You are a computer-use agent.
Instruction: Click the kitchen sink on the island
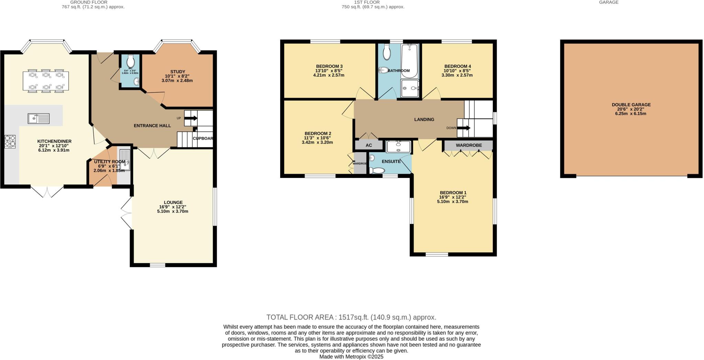[x=38, y=119]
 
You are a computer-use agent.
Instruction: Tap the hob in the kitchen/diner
[x=10, y=142]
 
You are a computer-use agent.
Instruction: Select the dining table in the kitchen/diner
[x=45, y=81]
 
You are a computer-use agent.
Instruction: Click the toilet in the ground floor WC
[x=131, y=62]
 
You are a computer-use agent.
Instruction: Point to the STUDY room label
[x=177, y=72]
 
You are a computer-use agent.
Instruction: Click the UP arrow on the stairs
[x=191, y=118]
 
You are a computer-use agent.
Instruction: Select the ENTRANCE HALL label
[x=152, y=126]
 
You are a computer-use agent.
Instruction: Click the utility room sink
[x=125, y=160]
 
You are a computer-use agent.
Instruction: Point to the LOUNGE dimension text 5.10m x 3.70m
[x=173, y=211]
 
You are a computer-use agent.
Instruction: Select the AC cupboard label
[x=368, y=145]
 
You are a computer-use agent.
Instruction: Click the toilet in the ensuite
[x=377, y=170]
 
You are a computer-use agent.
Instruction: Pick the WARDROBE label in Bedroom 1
[x=469, y=145]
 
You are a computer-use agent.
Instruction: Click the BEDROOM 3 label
[x=329, y=66]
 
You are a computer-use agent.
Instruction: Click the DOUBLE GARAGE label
[x=631, y=105]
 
